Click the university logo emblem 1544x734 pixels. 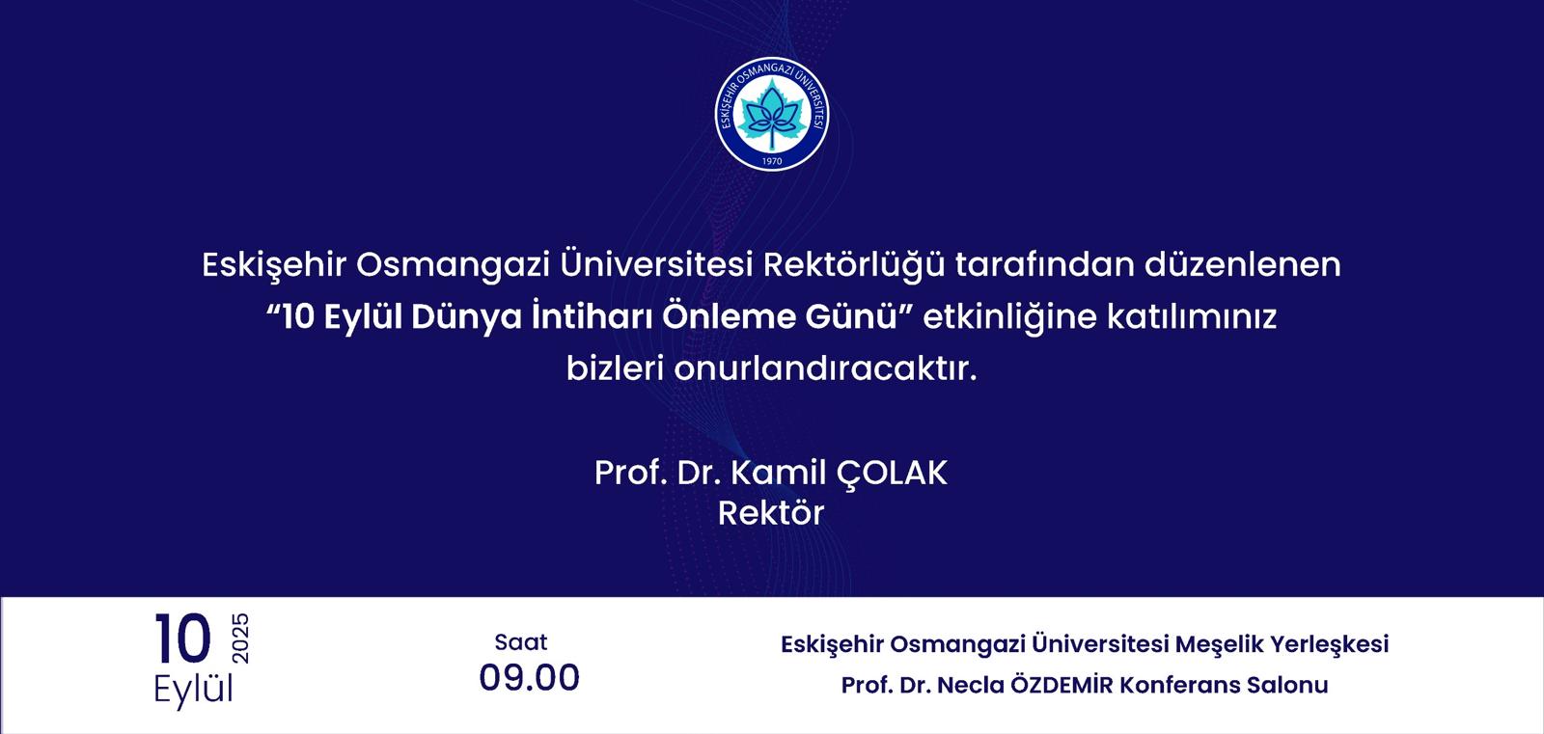(772, 114)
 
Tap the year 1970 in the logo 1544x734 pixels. (772, 161)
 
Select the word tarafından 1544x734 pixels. (1045, 264)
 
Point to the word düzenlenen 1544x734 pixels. (1243, 264)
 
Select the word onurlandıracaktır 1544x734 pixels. (826, 368)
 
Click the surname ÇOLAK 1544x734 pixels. (892, 474)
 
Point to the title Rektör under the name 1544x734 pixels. (771, 513)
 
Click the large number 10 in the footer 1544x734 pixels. (182, 639)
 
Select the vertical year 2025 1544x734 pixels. (240, 639)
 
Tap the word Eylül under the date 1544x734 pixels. (193, 690)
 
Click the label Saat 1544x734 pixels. (521, 642)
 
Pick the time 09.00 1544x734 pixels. (530, 677)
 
